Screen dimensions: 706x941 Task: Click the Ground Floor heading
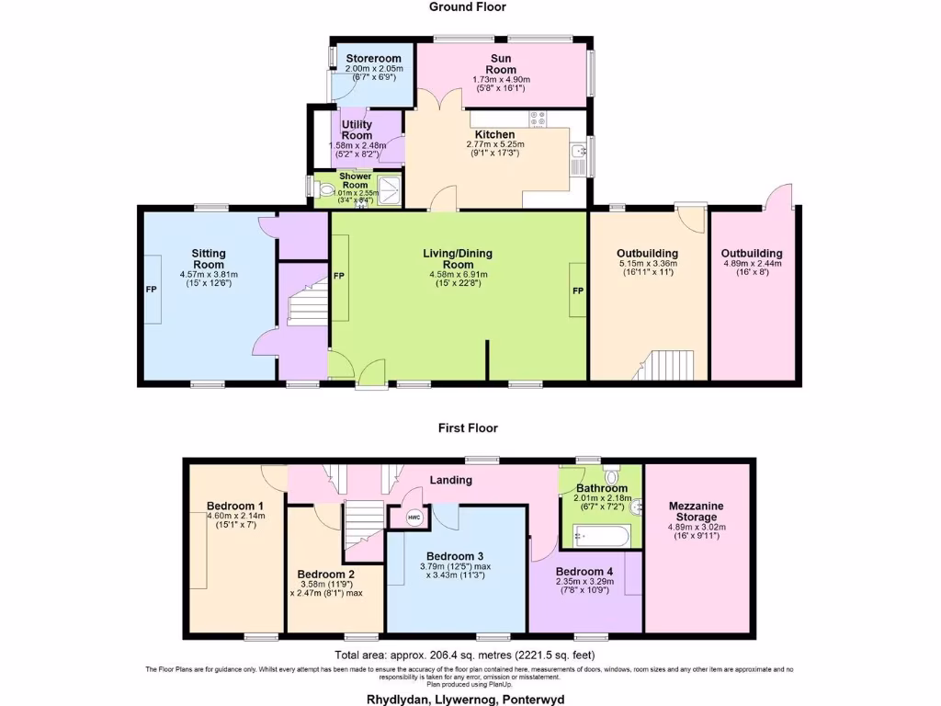[x=468, y=7]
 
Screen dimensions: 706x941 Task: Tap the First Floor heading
[x=468, y=427]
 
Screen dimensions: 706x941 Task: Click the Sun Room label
[x=501, y=63]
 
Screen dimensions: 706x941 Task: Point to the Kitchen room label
[x=494, y=135]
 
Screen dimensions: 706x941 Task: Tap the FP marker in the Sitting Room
[x=151, y=290]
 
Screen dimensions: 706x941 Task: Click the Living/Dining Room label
[x=458, y=257]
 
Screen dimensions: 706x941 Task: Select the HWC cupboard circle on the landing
[x=412, y=518]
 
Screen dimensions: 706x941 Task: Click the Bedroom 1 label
[x=235, y=506]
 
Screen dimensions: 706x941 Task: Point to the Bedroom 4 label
[x=584, y=571]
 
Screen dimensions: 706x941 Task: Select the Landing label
[x=451, y=480]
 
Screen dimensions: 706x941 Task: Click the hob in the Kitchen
[x=539, y=119]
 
